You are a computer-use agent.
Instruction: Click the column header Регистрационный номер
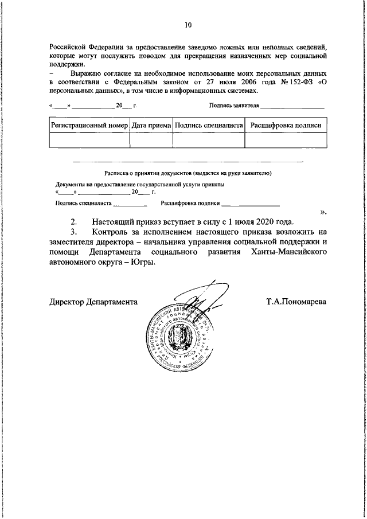click(89, 124)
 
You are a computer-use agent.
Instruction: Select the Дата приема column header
click(151, 124)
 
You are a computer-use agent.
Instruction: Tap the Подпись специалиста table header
click(209, 124)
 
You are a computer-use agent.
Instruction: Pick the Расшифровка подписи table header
click(286, 124)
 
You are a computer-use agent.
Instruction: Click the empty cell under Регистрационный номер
click(89, 140)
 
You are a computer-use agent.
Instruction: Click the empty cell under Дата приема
click(151, 140)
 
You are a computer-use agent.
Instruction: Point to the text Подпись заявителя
click(235, 106)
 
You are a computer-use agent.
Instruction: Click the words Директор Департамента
click(93, 301)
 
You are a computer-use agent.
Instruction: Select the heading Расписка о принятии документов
click(188, 173)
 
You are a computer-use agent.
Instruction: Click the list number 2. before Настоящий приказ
click(73, 221)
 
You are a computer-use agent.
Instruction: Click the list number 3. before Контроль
click(73, 232)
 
